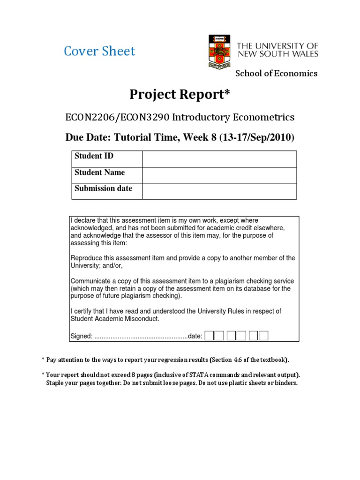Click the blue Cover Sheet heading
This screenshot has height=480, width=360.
click(99, 51)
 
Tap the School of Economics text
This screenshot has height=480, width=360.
click(276, 73)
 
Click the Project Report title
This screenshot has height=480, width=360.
click(180, 95)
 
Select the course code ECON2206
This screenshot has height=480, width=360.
click(87, 117)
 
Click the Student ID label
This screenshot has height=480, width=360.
click(94, 156)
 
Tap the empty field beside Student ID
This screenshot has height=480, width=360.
click(219, 159)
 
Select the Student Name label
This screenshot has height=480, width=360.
click(100, 172)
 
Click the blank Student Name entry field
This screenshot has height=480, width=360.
click(219, 175)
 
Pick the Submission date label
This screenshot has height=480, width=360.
click(104, 188)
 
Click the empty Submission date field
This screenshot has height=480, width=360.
click(219, 191)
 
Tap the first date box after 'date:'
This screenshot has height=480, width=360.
click(210, 336)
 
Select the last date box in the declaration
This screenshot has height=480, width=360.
click(263, 336)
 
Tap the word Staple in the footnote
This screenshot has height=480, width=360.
click(56, 383)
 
